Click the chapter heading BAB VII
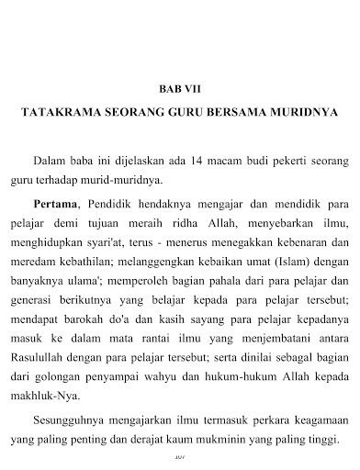(180, 90)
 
